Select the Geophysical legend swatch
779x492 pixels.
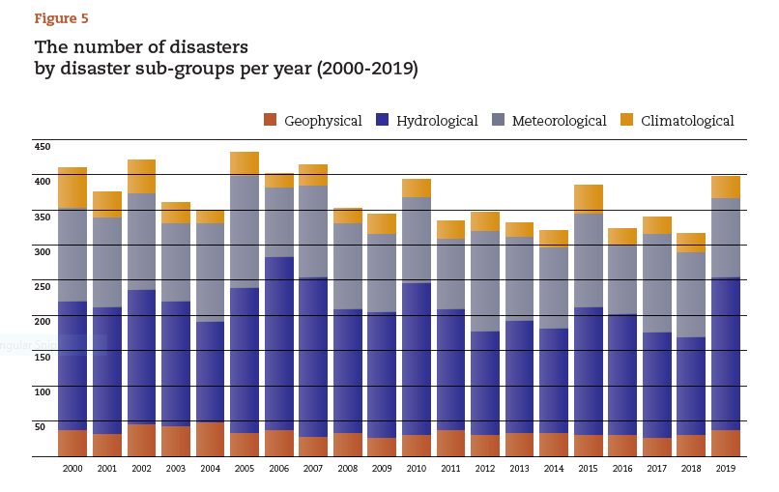tap(270, 121)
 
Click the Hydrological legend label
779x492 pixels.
tap(437, 121)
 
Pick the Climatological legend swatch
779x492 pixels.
tap(627, 121)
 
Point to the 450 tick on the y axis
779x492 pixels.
tap(43, 147)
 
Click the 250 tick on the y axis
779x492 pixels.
tap(43, 287)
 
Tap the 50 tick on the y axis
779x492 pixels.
tap(41, 426)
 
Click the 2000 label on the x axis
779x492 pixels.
tap(72, 469)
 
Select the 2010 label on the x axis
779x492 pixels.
tap(417, 469)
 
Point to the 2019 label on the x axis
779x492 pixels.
tap(726, 469)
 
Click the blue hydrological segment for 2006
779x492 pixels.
tap(279, 343)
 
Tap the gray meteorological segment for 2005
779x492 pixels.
tap(245, 232)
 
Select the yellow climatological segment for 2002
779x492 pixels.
tap(141, 176)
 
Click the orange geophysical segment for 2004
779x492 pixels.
tap(210, 439)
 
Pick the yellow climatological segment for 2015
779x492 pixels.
tap(589, 199)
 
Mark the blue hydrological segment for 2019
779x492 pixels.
tap(726, 354)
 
